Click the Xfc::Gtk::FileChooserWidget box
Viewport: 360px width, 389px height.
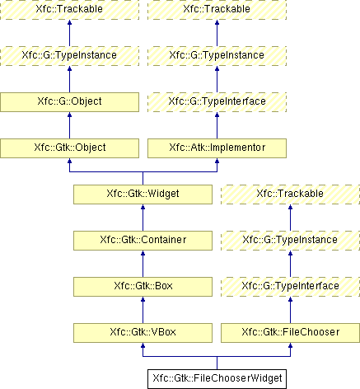pyautogui.click(x=217, y=379)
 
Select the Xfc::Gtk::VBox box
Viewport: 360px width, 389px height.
pyautogui.click(x=143, y=333)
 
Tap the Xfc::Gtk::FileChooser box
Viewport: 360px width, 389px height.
pyautogui.click(x=290, y=333)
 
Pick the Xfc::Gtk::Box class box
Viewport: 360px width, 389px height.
pyautogui.click(x=143, y=287)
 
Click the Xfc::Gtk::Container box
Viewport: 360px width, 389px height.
pyautogui.click(x=143, y=241)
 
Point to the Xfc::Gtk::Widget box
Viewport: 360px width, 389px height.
pyautogui.click(x=143, y=194)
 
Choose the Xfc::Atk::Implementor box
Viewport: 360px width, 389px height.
pyautogui.click(x=217, y=148)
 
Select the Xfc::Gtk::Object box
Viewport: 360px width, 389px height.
pyautogui.click(x=69, y=148)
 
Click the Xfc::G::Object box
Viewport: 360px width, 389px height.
pyautogui.click(x=69, y=102)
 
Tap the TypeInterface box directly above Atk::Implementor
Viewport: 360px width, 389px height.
pyautogui.click(x=217, y=102)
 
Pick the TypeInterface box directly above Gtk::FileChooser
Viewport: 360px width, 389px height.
pyautogui.click(x=290, y=287)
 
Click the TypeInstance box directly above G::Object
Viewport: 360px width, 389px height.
pyautogui.click(x=69, y=56)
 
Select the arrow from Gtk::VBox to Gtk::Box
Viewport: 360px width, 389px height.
pyautogui.click(x=143, y=310)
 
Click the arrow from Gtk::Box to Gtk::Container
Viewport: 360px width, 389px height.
pyautogui.click(x=143, y=264)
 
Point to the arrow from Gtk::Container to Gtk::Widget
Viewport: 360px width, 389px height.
pyautogui.click(x=143, y=218)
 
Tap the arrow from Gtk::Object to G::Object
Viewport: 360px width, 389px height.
pyautogui.click(x=69, y=125)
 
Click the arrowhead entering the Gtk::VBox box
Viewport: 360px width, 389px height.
pyautogui.click(x=143, y=345)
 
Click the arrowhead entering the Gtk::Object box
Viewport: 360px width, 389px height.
pyautogui.click(x=69, y=161)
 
